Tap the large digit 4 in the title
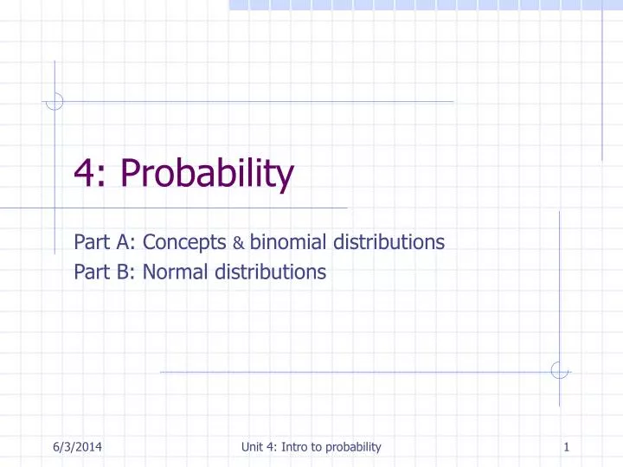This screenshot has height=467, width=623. (x=84, y=175)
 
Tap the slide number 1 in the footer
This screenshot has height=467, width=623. (x=565, y=446)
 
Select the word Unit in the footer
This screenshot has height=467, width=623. (x=255, y=446)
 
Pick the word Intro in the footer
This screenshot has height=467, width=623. (x=300, y=446)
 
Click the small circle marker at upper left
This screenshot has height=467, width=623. (x=55, y=101)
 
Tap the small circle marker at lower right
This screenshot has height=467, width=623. (x=560, y=370)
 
